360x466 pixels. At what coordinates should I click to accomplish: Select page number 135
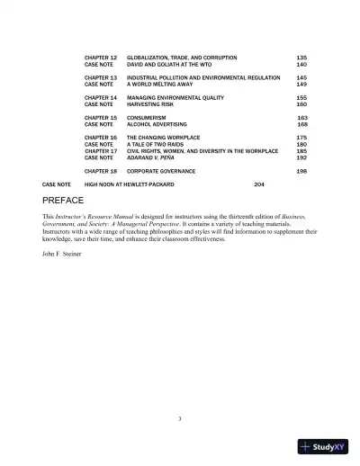(301, 58)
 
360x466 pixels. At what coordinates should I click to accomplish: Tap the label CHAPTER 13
(101, 77)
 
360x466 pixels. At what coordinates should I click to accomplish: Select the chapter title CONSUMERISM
(147, 117)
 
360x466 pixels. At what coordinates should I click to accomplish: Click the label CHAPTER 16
(101, 137)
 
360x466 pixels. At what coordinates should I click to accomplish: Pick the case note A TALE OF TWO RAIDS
(161, 144)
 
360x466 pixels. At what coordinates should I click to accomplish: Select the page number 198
(301, 170)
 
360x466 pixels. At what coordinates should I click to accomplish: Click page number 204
(259, 184)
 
